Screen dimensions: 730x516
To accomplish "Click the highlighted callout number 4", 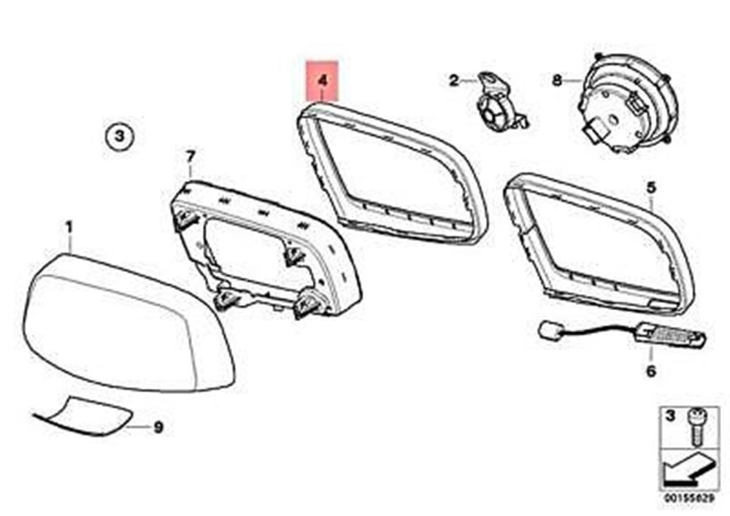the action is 323,80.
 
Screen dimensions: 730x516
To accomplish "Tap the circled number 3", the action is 119,136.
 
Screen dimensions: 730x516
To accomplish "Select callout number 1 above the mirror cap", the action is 69,228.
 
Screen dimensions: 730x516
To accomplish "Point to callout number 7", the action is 190,157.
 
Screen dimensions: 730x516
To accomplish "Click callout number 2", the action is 454,80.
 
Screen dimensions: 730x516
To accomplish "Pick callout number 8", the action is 557,80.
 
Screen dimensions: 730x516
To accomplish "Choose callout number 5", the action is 651,188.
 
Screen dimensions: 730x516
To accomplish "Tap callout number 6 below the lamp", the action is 651,371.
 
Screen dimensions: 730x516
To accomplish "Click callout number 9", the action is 158,427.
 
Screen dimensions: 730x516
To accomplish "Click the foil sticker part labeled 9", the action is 84,417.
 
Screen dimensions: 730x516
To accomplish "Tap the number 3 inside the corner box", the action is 669,416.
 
